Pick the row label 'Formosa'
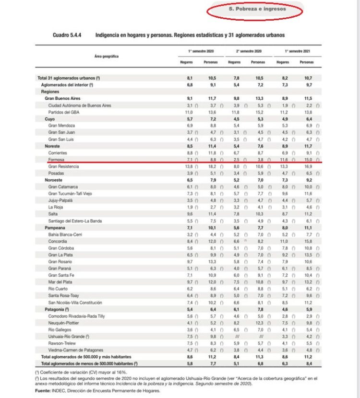coord(56,159)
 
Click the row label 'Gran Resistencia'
coord(64,166)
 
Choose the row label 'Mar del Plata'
coord(61,283)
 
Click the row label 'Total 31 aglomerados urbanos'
coord(68,78)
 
